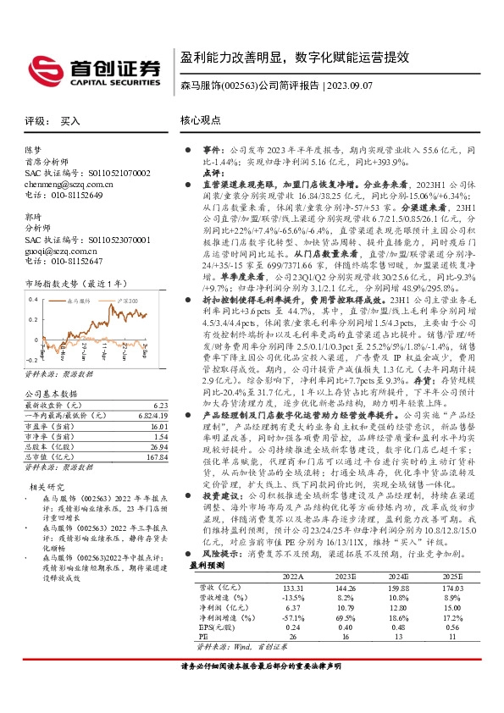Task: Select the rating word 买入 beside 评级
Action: tap(71, 121)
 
